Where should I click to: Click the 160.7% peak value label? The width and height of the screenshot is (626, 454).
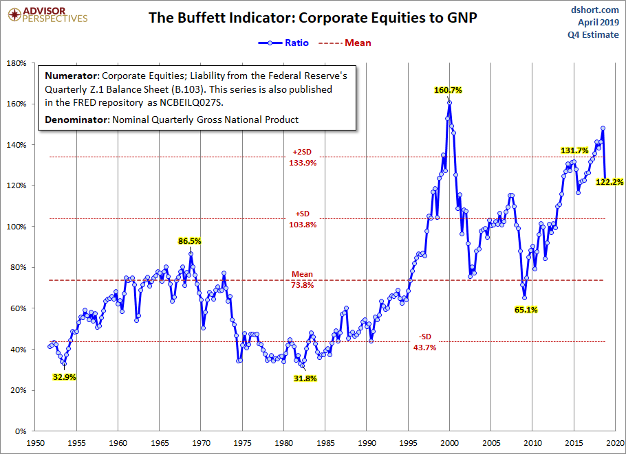448,90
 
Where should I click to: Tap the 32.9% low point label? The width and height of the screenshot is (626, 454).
64,377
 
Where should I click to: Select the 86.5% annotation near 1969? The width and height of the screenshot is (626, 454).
190,241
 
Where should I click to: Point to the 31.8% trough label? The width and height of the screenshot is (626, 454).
305,378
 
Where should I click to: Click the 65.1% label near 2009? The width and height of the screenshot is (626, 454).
526,310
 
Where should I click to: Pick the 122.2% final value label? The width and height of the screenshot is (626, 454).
609,182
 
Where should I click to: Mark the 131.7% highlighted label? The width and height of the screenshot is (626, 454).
574,150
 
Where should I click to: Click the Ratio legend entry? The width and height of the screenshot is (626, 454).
283,43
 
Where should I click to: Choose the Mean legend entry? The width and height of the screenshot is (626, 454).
345,43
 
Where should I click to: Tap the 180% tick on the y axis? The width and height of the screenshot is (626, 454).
17,63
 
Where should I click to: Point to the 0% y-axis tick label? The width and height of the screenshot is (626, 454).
20,431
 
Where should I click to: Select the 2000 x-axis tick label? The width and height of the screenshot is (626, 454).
449,443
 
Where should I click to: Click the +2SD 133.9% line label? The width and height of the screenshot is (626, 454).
303,157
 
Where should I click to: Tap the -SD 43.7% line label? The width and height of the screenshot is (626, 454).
425,342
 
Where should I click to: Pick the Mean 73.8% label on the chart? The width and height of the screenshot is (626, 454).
302,280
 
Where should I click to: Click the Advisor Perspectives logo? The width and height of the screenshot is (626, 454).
47,14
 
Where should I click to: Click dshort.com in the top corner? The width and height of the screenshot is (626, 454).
594,10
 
